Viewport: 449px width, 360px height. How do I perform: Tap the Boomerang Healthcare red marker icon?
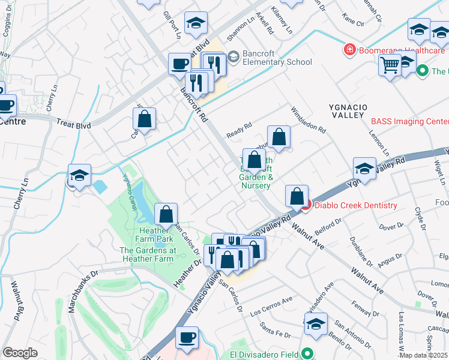click(x=349, y=50)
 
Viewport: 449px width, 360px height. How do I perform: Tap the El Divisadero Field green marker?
click(x=308, y=354)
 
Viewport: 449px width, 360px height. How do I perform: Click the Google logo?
click(x=20, y=353)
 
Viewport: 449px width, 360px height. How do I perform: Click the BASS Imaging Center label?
click(x=409, y=121)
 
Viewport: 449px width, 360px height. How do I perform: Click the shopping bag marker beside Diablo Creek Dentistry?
click(x=297, y=196)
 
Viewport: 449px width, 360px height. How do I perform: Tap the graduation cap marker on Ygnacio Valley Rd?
click(x=364, y=169)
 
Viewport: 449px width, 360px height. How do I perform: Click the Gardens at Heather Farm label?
click(x=147, y=254)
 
